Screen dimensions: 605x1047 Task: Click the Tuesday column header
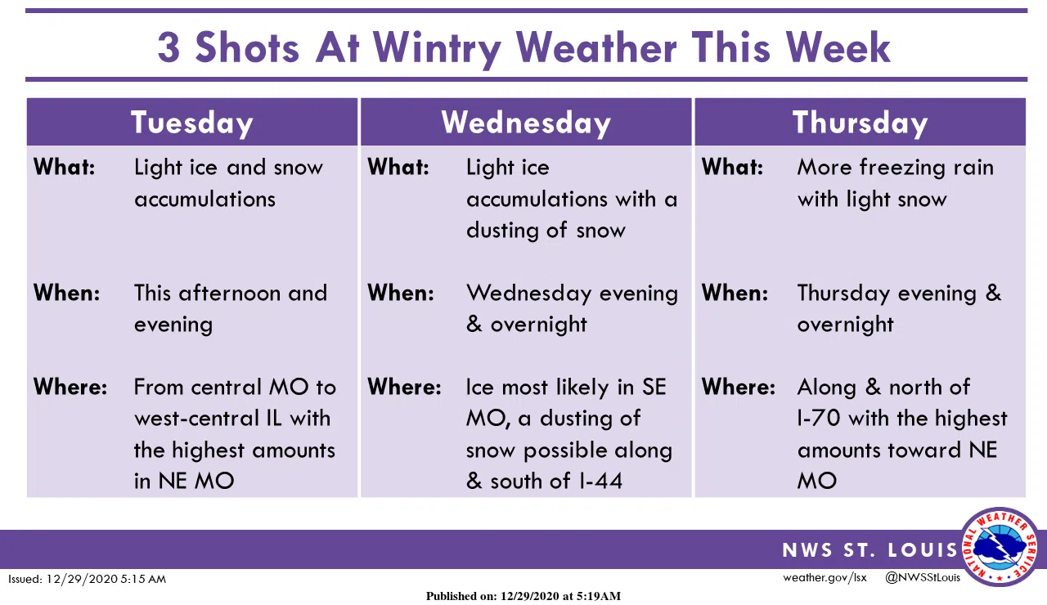pos(191,123)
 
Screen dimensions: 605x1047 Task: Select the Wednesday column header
pos(526,123)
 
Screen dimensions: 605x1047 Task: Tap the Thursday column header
pos(860,123)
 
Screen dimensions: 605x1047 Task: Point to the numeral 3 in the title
pos(169,47)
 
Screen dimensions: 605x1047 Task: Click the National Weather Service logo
pos(1000,546)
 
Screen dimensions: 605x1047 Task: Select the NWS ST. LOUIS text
pos(870,550)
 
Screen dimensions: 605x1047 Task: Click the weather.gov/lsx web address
pos(825,578)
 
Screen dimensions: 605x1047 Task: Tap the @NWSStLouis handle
pos(923,578)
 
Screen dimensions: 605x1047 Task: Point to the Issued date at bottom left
pos(88,579)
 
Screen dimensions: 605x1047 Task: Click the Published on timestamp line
pos(523,596)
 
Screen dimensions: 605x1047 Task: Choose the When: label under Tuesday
pos(66,293)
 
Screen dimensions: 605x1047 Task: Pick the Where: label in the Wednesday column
pos(404,387)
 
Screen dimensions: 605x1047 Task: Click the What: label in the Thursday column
pos(732,167)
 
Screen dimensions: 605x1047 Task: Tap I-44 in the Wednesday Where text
pos(595,481)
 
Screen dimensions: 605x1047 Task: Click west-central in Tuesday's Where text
pos(191,419)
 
